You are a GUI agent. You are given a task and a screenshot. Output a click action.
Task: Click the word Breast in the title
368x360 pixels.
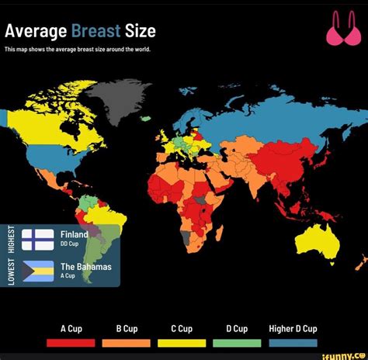point(95,31)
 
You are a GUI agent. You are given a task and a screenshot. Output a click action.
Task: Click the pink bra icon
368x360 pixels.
point(342,30)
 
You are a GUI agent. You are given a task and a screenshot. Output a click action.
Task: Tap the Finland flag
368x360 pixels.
point(37,239)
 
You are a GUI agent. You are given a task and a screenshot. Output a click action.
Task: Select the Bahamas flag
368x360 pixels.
point(37,271)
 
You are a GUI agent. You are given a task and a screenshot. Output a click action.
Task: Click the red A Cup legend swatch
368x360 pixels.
point(71,342)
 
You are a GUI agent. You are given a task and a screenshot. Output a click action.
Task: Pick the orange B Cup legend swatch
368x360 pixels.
point(127,342)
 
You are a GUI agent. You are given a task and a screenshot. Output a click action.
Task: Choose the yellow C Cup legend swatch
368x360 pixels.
point(182,342)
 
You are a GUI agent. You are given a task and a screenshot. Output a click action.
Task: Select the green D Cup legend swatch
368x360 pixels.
point(237,342)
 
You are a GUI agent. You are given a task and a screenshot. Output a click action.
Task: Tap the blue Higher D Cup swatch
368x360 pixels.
point(293,342)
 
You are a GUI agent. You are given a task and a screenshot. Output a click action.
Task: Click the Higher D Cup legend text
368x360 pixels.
point(293,328)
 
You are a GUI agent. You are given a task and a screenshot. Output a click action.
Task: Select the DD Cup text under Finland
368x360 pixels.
point(70,244)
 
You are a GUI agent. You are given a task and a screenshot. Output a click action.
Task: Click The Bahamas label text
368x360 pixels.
point(85,266)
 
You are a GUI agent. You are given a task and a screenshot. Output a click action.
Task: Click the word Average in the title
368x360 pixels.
point(36,31)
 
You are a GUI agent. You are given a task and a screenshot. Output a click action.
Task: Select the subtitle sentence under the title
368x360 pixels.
point(78,49)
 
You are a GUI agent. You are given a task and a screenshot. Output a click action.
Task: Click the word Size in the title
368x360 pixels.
point(141,31)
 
